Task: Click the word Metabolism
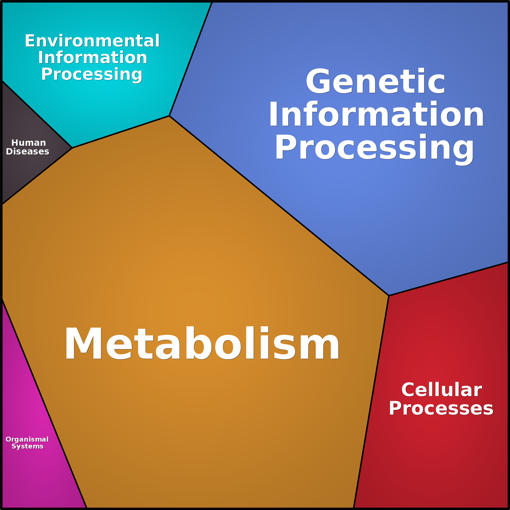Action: tap(202, 343)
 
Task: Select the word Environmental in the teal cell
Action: tap(92, 41)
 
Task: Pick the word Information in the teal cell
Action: tap(92, 58)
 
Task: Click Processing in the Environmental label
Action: tap(92, 75)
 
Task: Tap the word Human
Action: tap(28, 143)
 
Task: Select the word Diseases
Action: tap(27, 151)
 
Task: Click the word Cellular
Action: tap(442, 390)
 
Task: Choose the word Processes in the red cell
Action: tap(441, 408)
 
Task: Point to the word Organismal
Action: tap(27, 439)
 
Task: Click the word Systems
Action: tap(27, 446)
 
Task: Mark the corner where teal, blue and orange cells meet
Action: tap(169, 116)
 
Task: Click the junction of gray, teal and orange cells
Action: tap(72, 148)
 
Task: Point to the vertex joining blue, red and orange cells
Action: tap(389, 296)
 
